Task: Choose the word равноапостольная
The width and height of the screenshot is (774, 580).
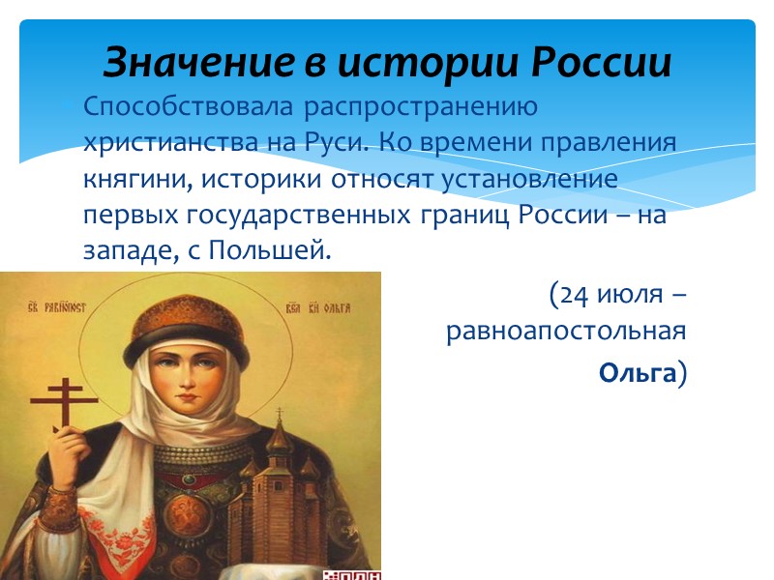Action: point(566,332)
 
